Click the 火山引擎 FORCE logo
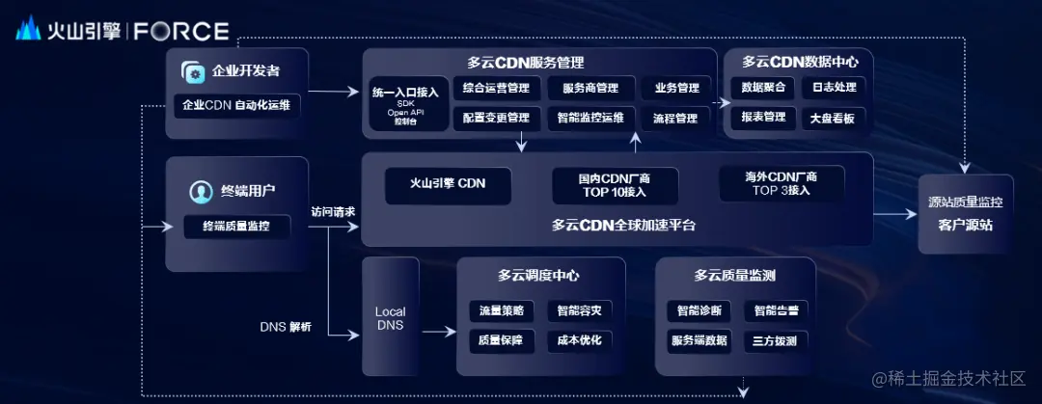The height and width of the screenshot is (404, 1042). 123,30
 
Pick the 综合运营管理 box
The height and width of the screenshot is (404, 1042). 496,88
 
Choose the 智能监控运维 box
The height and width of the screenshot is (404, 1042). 591,119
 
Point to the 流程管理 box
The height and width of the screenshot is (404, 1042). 675,119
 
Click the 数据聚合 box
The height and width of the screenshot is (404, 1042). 762,88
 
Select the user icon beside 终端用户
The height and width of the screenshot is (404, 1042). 201,191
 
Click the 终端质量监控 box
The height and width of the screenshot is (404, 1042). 236,227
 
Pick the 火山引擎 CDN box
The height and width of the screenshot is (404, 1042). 448,184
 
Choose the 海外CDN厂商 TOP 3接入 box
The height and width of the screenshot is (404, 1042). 781,183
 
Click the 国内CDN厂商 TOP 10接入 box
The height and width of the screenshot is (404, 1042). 615,184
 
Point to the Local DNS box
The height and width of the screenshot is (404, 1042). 391,317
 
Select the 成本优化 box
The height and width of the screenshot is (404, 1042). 580,340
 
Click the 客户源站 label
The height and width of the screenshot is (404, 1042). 966,226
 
